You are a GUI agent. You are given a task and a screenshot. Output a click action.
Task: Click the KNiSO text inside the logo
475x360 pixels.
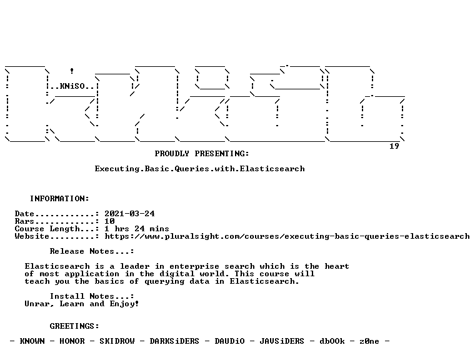point(72,86)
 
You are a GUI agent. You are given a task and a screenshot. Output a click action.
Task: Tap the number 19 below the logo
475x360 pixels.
point(394,146)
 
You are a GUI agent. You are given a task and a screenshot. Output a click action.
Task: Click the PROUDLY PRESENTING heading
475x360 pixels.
point(202,154)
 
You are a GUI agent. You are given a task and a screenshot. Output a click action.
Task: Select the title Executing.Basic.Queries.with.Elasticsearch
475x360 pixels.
point(199,169)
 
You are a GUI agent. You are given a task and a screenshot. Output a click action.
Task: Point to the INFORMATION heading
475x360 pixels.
point(59,199)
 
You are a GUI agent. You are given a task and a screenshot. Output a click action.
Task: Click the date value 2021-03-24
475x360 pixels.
point(129,214)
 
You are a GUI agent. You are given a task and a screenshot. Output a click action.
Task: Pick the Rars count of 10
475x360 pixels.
point(109,221)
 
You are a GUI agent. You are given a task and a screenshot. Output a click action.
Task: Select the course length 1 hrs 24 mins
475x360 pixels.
point(137,229)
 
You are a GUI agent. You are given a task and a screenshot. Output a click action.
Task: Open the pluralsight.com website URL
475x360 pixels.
point(287,236)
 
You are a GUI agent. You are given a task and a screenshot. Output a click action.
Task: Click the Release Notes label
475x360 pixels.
point(92,251)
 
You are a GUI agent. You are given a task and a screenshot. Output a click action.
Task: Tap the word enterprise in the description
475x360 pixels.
point(194,266)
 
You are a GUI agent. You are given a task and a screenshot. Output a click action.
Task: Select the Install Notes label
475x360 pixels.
point(92,296)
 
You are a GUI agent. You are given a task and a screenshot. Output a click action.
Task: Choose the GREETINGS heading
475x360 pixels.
point(74,326)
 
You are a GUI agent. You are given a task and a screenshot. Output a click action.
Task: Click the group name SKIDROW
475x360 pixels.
point(117,341)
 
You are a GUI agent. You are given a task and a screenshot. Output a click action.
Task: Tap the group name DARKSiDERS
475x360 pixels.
point(174,341)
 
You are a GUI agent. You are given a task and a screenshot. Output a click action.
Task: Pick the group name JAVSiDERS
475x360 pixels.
point(282,341)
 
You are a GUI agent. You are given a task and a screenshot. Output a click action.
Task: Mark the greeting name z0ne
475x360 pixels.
point(369,341)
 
